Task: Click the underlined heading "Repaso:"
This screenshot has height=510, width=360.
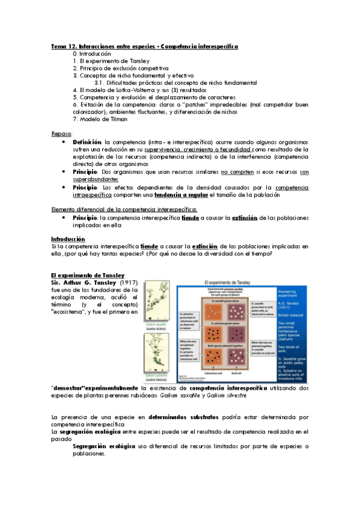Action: (62, 134)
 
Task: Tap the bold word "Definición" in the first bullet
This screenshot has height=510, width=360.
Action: (88, 142)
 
